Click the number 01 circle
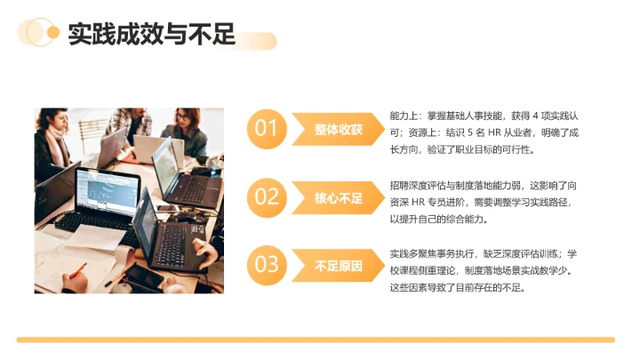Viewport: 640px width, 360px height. [x=267, y=129]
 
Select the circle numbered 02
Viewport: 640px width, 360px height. [x=267, y=196]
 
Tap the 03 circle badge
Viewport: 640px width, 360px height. [x=267, y=264]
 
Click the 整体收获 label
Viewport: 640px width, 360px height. [x=339, y=130]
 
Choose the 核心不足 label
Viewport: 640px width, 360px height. [x=339, y=197]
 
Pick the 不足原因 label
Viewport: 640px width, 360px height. [x=339, y=265]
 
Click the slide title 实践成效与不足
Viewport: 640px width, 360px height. [x=151, y=35]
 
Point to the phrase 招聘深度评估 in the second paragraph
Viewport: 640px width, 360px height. [x=418, y=185]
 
